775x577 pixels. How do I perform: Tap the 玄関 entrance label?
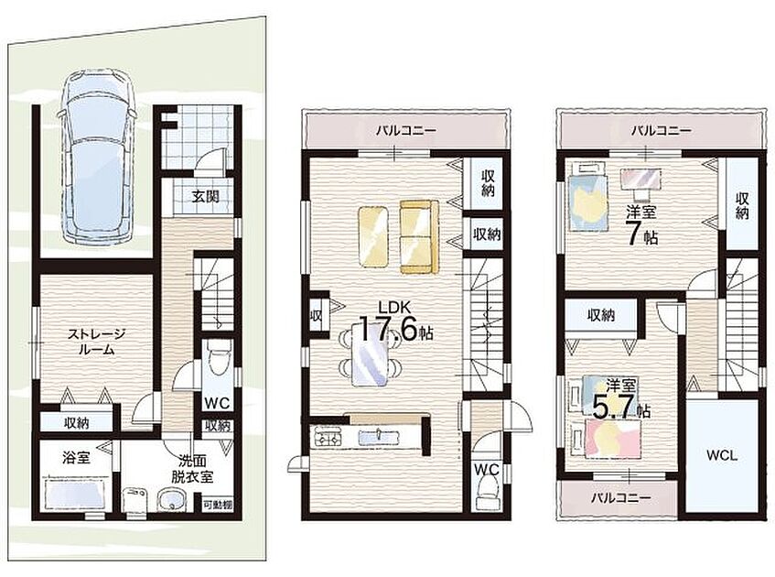(x=206, y=197)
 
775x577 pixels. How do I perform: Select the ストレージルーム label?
(x=96, y=342)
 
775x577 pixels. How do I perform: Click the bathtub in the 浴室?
(x=77, y=494)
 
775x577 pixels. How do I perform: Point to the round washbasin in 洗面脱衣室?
(x=171, y=500)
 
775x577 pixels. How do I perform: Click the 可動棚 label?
(x=218, y=506)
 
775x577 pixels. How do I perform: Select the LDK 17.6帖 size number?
(x=388, y=329)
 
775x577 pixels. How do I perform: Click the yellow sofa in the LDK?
(x=419, y=236)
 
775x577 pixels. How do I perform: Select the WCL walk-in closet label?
(x=722, y=455)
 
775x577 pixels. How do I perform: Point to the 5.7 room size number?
(x=611, y=408)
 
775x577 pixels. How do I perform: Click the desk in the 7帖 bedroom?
(x=640, y=180)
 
